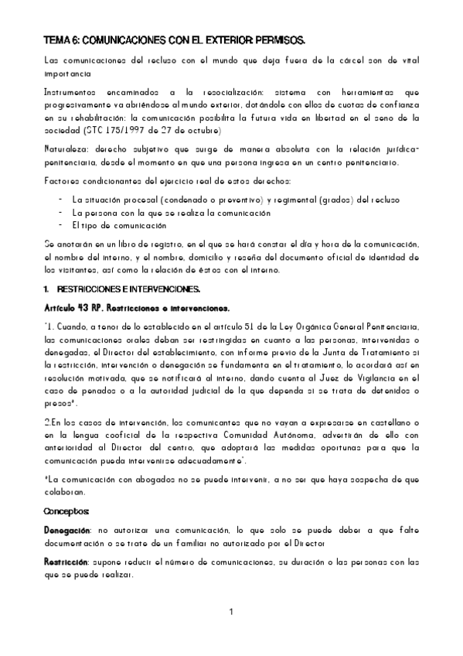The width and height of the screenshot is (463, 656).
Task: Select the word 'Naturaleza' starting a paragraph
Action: pos(65,149)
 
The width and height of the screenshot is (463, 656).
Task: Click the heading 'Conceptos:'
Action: pos(67,511)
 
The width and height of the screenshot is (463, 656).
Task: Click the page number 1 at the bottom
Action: pos(231,613)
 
